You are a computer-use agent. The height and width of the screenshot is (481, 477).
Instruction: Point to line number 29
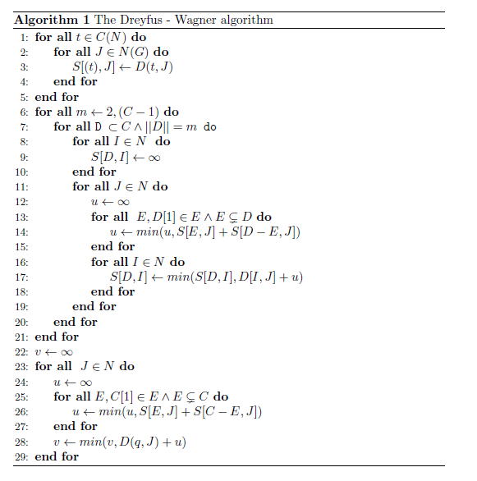(22, 456)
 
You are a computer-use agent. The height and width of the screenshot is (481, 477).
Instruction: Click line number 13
(22, 217)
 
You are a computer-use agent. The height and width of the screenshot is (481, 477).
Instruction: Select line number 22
(22, 351)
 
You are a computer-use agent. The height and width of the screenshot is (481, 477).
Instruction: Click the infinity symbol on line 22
(67, 351)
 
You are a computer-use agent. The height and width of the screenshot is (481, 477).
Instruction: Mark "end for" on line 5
(57, 97)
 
